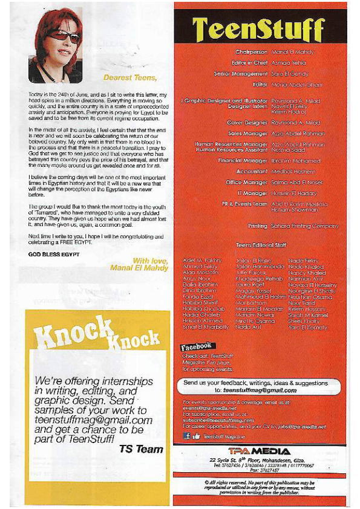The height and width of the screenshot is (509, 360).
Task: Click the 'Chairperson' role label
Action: coord(252,53)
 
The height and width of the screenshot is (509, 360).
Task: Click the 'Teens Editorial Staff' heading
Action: coord(262,246)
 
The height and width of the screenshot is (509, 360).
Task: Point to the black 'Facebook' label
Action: coord(197,346)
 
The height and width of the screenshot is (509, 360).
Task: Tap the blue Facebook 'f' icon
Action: coord(188,435)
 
